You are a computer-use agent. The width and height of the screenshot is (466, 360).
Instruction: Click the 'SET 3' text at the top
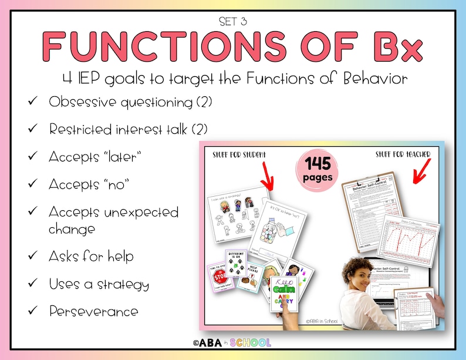coord(233,22)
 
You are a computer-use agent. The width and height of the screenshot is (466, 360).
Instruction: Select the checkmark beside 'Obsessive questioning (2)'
coord(32,102)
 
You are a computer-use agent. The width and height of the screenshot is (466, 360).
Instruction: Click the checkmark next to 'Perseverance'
coord(32,311)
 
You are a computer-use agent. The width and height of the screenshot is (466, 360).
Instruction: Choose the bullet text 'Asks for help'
coord(91,256)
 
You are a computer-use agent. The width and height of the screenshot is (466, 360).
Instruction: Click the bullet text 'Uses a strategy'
coord(99,284)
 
